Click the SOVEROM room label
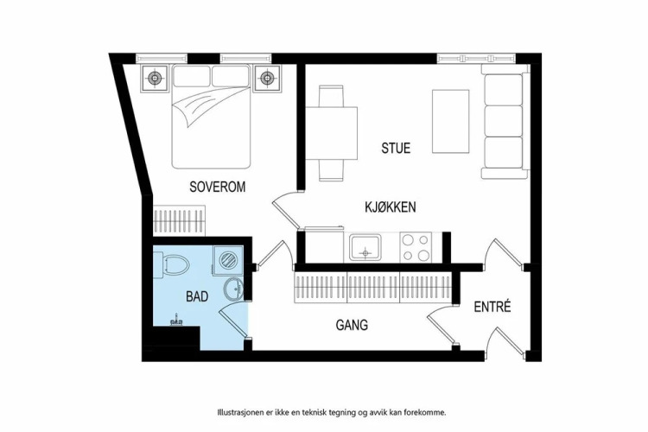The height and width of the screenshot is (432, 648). coord(218,187)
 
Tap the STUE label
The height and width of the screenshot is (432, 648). coord(396,148)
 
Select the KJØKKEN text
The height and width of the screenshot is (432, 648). coord(391,206)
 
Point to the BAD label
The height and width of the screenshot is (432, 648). coord(197,296)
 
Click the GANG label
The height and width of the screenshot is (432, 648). coord(352,325)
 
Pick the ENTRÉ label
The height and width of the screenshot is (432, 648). coord(492,307)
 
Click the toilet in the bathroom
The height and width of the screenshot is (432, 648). coord(176,264)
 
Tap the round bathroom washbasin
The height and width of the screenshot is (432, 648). coord(234,289)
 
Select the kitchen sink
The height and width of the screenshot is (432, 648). coord(365,247)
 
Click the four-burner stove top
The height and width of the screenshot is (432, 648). coord(416,247)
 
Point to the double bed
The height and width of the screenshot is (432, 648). coord(211,117)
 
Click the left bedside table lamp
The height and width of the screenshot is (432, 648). coord(155,77)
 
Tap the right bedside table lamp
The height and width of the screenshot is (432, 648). coord(267,77)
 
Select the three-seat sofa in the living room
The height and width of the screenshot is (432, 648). coord(505,122)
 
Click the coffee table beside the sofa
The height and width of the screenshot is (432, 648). coord(450,122)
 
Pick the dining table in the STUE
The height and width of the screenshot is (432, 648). coord(332,133)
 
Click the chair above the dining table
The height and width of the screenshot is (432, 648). coord(332,96)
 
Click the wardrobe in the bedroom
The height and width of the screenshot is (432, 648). coord(180,220)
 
